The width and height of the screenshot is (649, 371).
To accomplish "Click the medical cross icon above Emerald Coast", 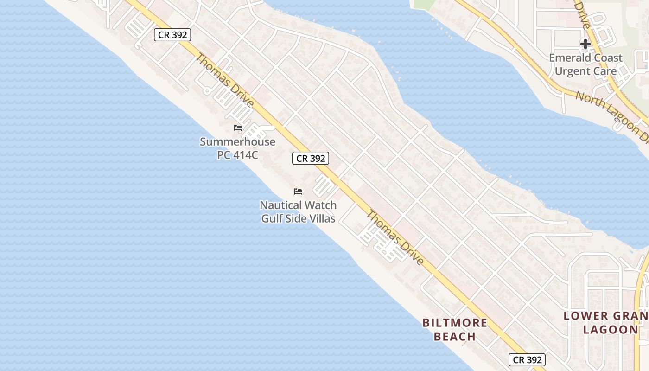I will click(x=585, y=44).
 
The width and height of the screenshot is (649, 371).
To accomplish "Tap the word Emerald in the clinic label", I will click(x=568, y=58).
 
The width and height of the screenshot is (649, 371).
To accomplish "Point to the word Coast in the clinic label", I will click(x=607, y=58).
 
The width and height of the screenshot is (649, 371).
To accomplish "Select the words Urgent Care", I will click(x=585, y=71).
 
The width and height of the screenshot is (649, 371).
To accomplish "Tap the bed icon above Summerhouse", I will click(x=238, y=128).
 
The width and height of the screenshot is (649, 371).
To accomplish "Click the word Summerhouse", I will click(x=237, y=142).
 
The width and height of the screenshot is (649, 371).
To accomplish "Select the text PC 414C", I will click(x=237, y=155).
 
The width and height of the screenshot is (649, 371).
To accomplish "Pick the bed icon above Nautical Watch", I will click(x=298, y=192).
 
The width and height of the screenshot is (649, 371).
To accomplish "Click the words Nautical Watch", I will click(x=298, y=205).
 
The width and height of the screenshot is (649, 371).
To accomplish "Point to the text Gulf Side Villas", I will click(x=298, y=218).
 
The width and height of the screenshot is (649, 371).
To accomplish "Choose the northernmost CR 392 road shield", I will click(x=172, y=35).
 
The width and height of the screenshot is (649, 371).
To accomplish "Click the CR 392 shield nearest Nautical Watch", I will click(x=311, y=158).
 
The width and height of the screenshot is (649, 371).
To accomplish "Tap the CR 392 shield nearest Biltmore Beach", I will click(x=527, y=359).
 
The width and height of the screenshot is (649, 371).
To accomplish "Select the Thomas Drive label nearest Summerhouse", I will click(x=224, y=80).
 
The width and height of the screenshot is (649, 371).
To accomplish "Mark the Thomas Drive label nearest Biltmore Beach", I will click(x=395, y=238).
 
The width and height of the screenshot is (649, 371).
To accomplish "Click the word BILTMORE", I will click(x=455, y=323).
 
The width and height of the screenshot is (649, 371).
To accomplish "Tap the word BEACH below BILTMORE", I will click(x=455, y=337).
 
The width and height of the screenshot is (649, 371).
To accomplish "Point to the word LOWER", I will click(x=585, y=316).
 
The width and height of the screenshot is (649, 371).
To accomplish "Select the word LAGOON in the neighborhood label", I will click(x=611, y=330).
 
